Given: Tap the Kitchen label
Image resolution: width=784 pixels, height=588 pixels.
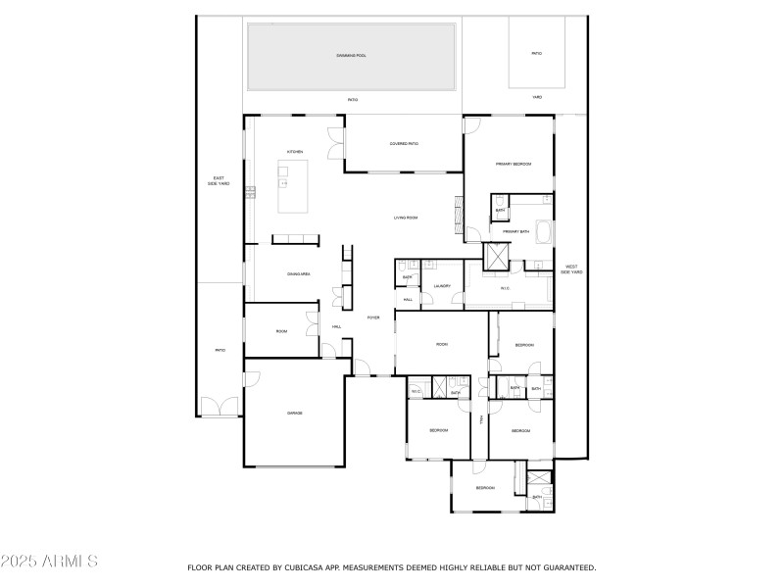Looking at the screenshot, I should point(294,152).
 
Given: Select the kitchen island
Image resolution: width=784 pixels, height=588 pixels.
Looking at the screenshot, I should point(292,187).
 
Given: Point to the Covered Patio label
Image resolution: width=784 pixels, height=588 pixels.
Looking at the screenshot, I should point(404,144).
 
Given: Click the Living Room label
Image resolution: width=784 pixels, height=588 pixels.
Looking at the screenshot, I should point(406,218).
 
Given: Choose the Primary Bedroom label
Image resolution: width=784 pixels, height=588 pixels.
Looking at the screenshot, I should point(513,164).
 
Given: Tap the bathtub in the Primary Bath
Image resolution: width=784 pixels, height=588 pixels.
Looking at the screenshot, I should point(544,233).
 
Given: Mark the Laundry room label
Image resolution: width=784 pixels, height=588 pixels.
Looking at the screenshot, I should point(441,287).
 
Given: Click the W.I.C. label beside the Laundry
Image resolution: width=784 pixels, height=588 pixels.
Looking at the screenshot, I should point(505,288).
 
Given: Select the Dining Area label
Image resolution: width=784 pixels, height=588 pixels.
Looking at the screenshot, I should point(299,273).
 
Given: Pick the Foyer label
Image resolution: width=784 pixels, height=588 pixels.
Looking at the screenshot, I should point(372,318).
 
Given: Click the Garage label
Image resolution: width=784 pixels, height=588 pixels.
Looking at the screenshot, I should point(294,414).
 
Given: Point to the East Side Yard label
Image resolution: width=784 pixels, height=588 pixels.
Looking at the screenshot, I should point(219,180).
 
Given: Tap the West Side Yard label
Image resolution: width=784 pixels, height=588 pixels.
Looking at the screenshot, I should point(570,269).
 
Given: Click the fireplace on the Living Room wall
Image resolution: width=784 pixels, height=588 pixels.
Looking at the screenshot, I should point(457,213).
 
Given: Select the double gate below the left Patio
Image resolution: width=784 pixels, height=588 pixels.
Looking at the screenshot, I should point(220,407).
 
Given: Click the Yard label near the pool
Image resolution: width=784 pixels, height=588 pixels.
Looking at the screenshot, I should point(536,98).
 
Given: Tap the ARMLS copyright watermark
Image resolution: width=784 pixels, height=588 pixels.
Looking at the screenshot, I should point(49,562).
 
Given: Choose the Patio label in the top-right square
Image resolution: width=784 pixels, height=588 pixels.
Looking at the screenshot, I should point(536,53).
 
